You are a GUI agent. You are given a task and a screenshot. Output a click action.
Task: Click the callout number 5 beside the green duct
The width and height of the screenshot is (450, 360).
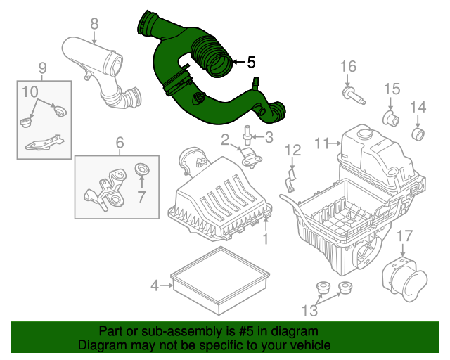point(251,62)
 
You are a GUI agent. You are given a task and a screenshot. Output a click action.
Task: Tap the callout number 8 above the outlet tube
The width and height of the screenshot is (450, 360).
point(94,24)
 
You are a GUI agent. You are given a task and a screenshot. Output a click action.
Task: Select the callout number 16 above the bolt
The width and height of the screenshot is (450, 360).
point(349,67)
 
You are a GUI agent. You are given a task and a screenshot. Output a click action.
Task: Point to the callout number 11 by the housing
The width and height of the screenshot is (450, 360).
point(322,143)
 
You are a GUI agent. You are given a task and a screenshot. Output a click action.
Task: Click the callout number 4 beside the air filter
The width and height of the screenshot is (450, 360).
point(155,285)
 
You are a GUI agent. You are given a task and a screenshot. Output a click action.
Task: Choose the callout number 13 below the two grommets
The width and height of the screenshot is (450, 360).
point(309,311)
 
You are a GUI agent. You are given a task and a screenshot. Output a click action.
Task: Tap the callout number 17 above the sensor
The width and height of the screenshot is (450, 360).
point(405,236)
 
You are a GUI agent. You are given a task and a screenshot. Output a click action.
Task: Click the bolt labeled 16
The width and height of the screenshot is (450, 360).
point(354,96)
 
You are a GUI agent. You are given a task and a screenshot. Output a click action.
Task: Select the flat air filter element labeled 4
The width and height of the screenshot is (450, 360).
point(220,280)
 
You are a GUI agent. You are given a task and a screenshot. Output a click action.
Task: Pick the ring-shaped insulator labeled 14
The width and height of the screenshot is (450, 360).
point(418,134)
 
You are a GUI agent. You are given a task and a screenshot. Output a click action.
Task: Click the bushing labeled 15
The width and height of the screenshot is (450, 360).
point(391,118)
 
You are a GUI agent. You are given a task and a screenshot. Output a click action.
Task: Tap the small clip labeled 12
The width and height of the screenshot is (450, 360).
point(291,181)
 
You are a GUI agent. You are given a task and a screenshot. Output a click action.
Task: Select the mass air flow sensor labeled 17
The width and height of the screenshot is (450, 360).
point(405,279)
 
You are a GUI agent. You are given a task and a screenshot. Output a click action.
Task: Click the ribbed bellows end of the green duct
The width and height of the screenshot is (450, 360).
point(212,57)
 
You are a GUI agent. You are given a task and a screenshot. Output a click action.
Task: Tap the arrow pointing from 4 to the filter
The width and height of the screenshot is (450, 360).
point(167,285)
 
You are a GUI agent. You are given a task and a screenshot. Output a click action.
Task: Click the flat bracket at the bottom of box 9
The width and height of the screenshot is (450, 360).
point(44,143)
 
